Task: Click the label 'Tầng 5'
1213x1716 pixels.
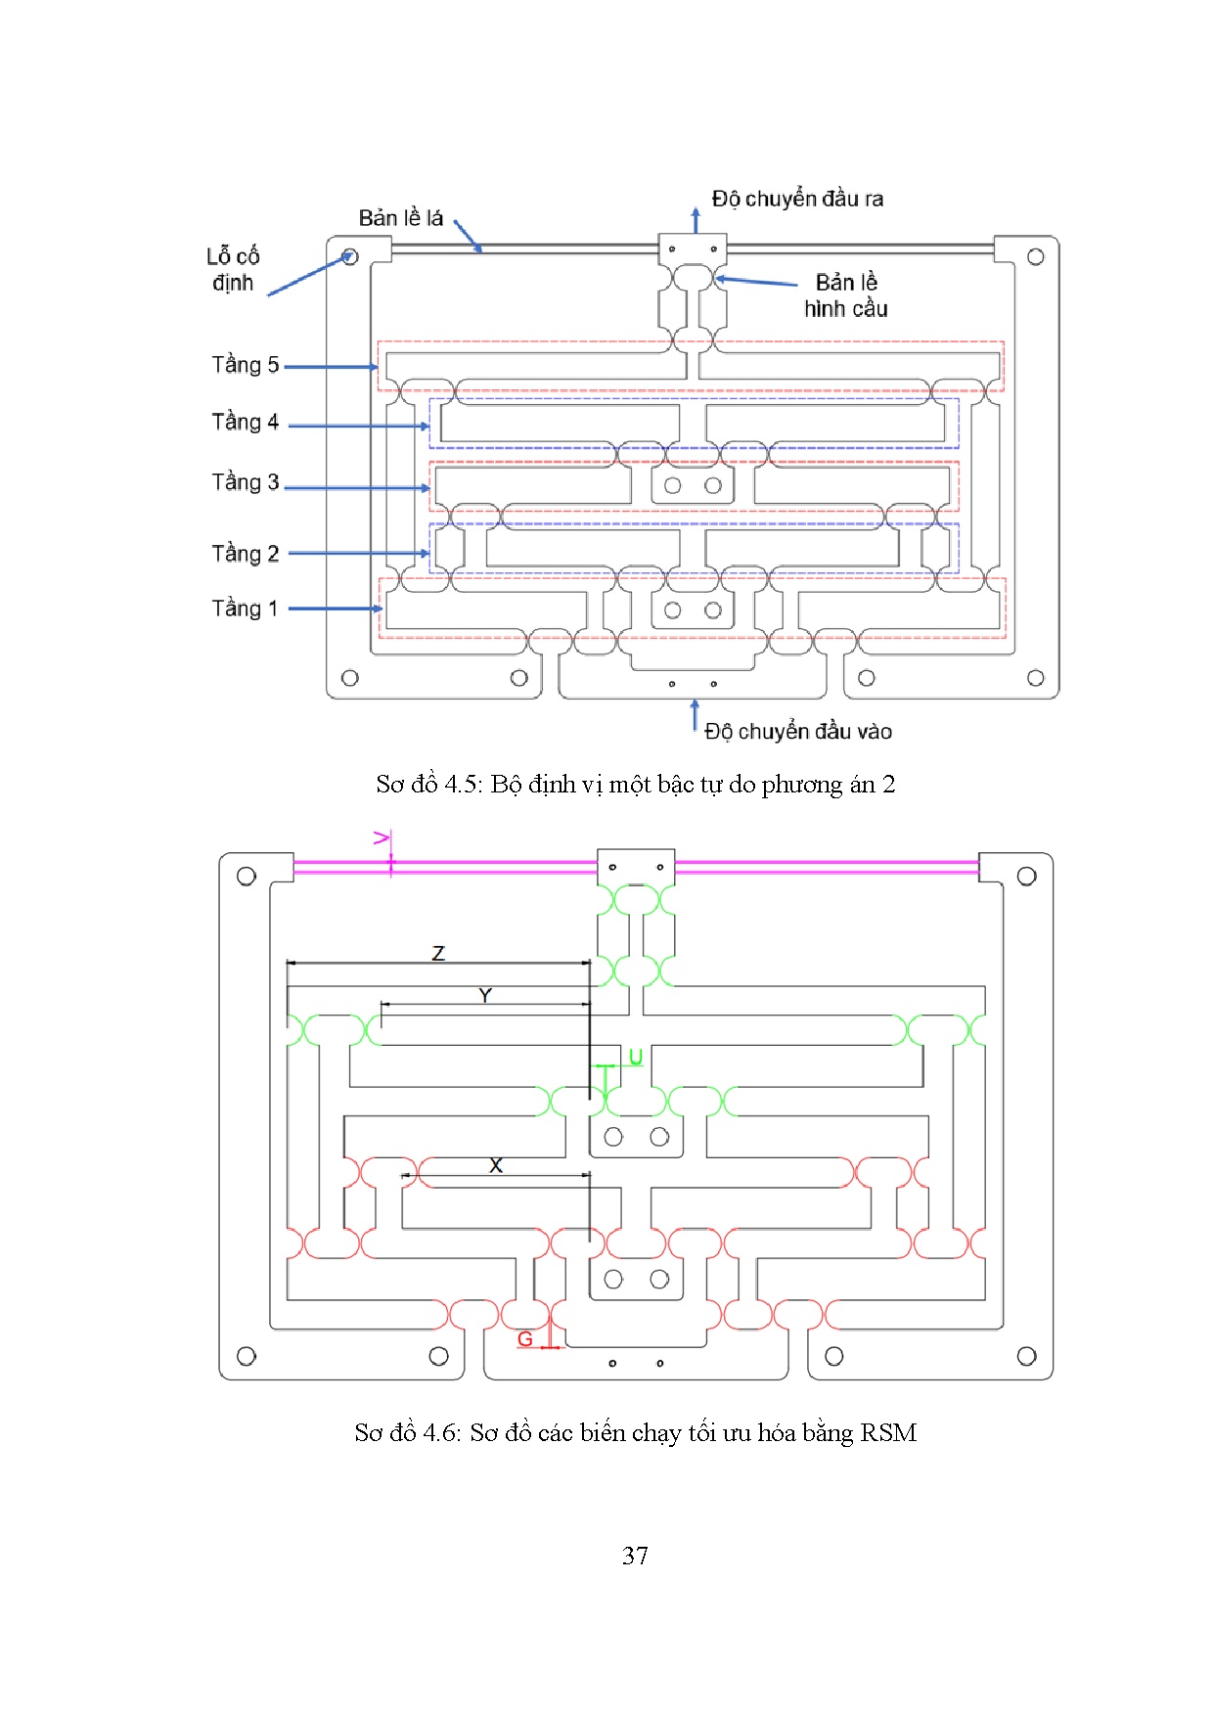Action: (x=246, y=365)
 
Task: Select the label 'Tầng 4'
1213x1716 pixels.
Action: (x=246, y=423)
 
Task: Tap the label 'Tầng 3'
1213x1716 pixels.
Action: (x=246, y=482)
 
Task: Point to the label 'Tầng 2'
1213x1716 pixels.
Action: (x=246, y=554)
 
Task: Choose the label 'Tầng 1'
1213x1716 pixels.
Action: (x=245, y=609)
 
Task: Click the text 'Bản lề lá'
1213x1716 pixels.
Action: (x=401, y=218)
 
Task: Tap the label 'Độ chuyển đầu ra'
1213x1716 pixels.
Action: (x=797, y=199)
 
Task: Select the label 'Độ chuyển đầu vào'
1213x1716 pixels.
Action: (x=798, y=732)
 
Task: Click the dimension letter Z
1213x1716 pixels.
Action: (x=438, y=953)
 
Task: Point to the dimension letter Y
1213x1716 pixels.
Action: (x=485, y=996)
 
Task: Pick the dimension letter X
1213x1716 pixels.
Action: (x=496, y=1165)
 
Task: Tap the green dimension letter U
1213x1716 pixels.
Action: (x=635, y=1058)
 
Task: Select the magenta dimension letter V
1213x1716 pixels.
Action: (x=382, y=838)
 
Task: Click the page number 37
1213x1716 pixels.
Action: (x=635, y=1556)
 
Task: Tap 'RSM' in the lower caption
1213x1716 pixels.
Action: (x=888, y=1433)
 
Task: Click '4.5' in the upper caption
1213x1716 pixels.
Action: (x=463, y=785)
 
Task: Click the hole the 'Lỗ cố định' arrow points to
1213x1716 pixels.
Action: (x=350, y=257)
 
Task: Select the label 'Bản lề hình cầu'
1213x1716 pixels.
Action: (x=846, y=295)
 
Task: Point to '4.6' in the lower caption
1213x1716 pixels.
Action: (x=441, y=1433)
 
